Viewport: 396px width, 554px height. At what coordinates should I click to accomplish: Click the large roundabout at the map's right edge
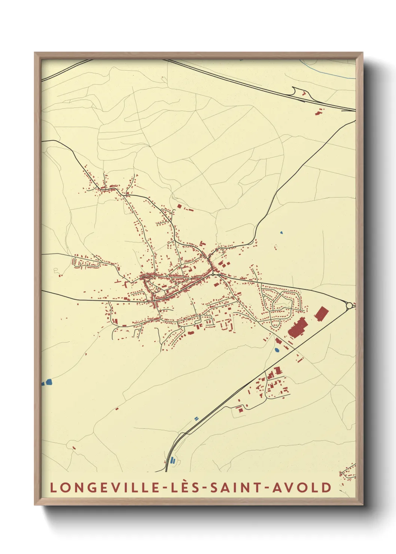(349, 306)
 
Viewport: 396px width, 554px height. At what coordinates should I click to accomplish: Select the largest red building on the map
(298, 328)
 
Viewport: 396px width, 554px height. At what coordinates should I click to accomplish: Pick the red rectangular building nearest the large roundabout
(321, 313)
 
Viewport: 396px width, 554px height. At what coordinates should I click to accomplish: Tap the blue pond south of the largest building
(277, 350)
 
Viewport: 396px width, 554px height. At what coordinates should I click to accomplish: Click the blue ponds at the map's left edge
(48, 382)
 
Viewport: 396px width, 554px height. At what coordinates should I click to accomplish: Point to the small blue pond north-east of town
(281, 233)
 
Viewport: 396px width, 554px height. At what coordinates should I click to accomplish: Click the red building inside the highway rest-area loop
(304, 93)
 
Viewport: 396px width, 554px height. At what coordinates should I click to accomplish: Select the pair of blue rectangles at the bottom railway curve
(172, 460)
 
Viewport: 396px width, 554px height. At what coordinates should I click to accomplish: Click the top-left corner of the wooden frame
(35, 53)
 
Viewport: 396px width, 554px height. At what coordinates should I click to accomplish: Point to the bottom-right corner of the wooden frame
(362, 504)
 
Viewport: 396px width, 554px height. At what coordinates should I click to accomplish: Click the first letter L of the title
(53, 488)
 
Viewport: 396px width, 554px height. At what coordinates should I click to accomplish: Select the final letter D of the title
(328, 488)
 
